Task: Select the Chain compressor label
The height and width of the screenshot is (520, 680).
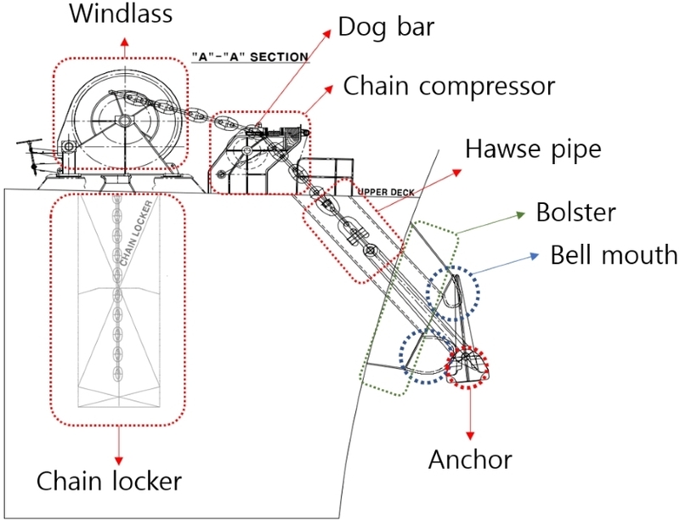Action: (x=448, y=86)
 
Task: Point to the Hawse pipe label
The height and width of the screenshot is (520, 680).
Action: (x=534, y=150)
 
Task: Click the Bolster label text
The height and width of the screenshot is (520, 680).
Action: (x=575, y=212)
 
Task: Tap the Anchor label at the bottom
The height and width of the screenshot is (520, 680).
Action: (x=470, y=460)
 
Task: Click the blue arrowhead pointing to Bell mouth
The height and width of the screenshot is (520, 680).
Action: (x=535, y=254)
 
